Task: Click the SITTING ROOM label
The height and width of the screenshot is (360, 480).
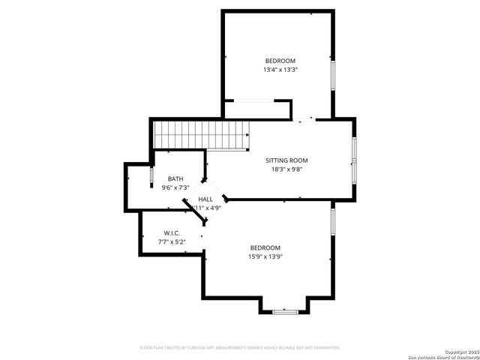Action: click(x=286, y=160)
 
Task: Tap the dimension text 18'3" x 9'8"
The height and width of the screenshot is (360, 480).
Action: click(x=286, y=169)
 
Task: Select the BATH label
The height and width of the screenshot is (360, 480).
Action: click(x=175, y=178)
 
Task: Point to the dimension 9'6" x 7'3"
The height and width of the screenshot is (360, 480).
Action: click(x=175, y=187)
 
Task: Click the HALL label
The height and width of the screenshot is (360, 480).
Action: click(x=205, y=199)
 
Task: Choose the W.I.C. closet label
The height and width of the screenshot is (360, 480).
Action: click(x=172, y=233)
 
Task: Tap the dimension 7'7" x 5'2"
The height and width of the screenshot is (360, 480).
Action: click(x=172, y=242)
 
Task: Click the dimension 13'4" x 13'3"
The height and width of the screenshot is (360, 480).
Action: click(x=280, y=70)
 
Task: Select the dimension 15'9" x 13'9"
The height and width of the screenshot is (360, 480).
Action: click(x=265, y=256)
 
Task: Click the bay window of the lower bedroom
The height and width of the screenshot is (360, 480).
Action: click(x=285, y=310)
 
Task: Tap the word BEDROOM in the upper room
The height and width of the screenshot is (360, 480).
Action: click(x=280, y=61)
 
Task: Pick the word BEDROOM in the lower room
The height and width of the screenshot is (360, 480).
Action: click(x=265, y=247)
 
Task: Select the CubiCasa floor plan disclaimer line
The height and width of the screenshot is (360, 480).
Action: click(x=240, y=347)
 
